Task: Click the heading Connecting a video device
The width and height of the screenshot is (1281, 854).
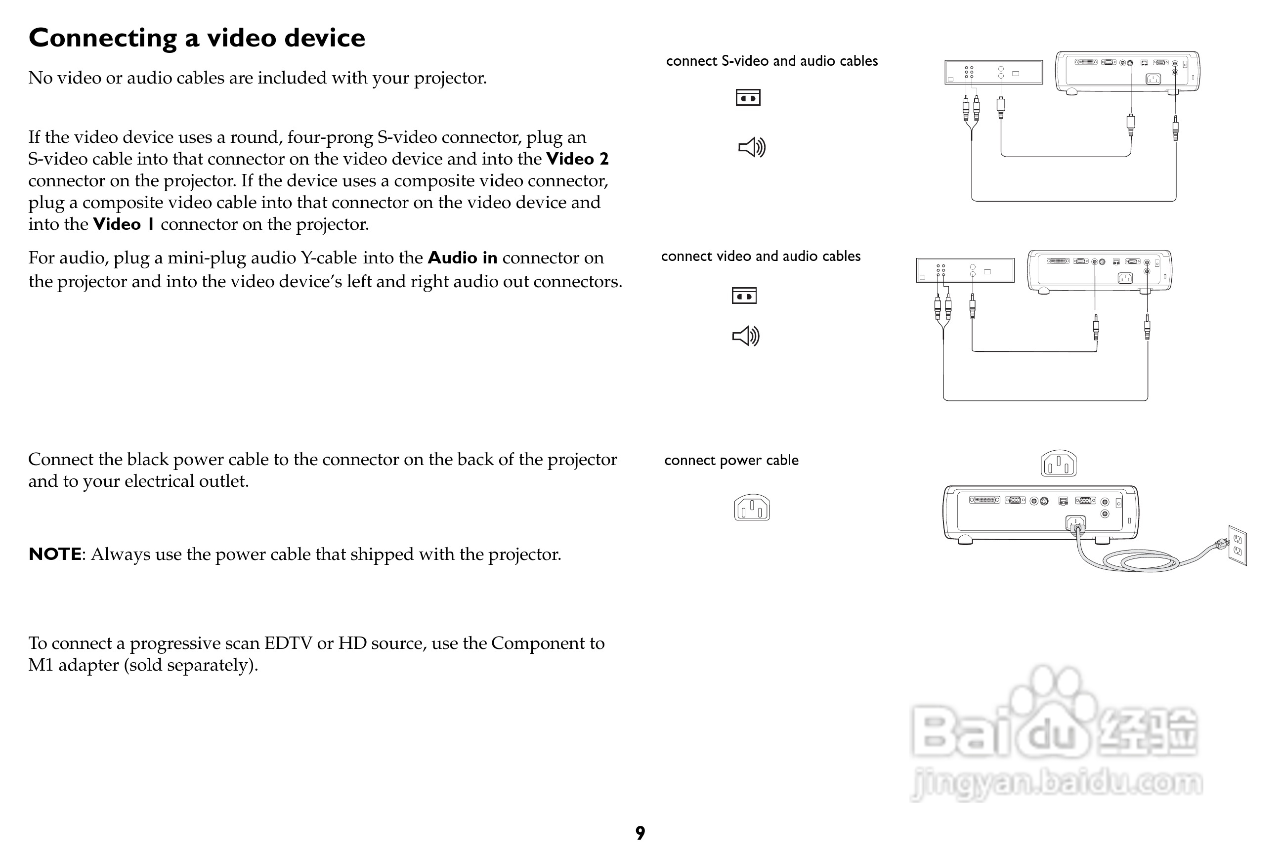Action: pyautogui.click(x=197, y=38)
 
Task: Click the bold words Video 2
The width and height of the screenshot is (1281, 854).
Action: pyautogui.click(x=577, y=159)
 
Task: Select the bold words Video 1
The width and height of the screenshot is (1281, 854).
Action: pyautogui.click(x=124, y=224)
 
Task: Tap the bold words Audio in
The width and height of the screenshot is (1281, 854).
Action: pyautogui.click(x=463, y=257)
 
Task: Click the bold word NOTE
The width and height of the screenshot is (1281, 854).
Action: pyautogui.click(x=55, y=554)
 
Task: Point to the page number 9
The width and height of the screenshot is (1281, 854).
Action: pyautogui.click(x=640, y=833)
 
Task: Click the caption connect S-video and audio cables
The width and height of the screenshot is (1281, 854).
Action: pyautogui.click(x=772, y=61)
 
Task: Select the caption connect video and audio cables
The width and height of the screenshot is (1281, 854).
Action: pyautogui.click(x=760, y=256)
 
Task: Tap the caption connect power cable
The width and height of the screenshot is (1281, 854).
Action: pyautogui.click(x=731, y=460)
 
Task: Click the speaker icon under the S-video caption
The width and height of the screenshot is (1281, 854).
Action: pyautogui.click(x=752, y=147)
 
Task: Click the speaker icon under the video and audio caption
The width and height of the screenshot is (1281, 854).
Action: pyautogui.click(x=746, y=336)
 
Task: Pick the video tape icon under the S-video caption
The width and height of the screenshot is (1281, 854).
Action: pyautogui.click(x=748, y=97)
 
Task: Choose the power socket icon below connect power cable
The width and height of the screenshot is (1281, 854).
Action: pyautogui.click(x=752, y=508)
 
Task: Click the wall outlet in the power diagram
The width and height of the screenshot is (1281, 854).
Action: pyautogui.click(x=1238, y=546)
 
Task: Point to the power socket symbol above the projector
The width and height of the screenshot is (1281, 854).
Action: pyautogui.click(x=1058, y=464)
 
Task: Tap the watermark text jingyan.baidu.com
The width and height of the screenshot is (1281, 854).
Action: pyautogui.click(x=1056, y=783)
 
